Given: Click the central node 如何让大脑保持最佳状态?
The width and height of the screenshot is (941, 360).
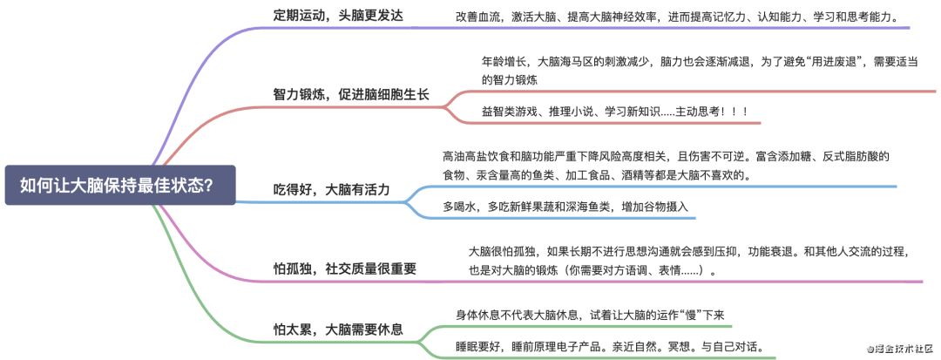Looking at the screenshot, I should pyautogui.click(x=119, y=185).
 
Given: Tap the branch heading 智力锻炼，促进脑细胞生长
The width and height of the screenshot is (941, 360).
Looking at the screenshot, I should pyautogui.click(x=351, y=94).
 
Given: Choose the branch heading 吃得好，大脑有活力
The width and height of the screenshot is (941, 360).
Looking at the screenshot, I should pyautogui.click(x=332, y=189).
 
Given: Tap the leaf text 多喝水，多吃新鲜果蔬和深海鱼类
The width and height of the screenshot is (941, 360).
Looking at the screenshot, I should pyautogui.click(x=565, y=207).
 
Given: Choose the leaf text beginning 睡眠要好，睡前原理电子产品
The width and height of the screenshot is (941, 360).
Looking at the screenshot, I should pyautogui.click(x=609, y=347).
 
